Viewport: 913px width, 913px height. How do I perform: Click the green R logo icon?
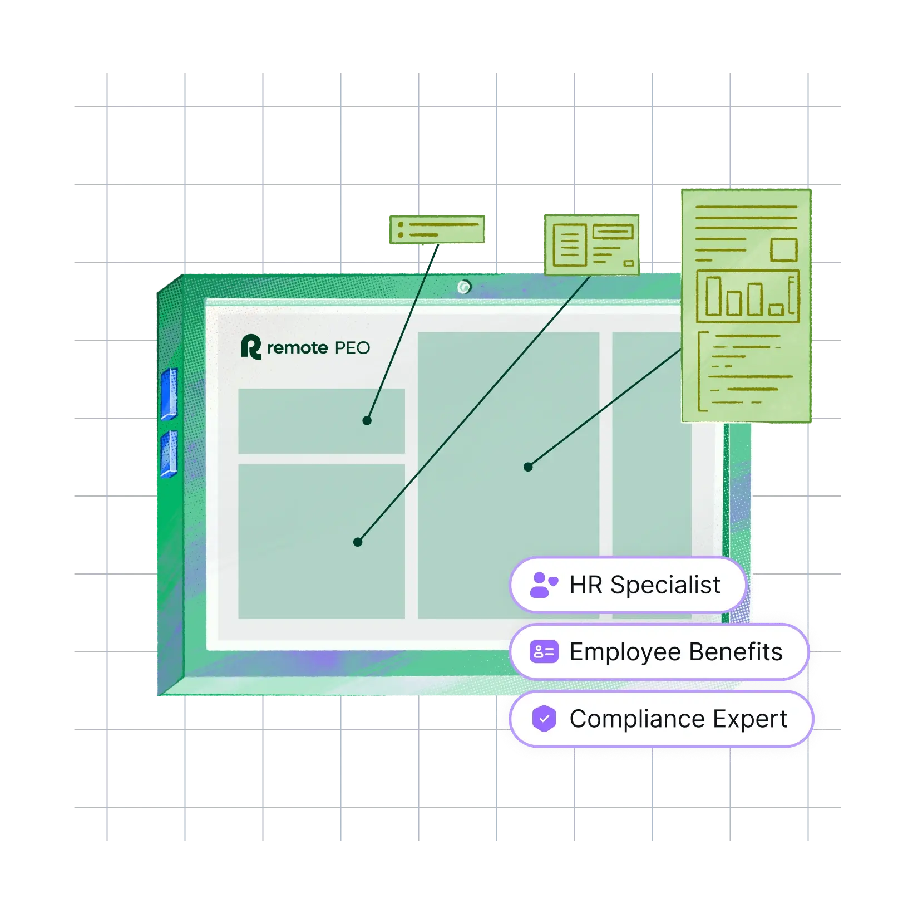click(250, 347)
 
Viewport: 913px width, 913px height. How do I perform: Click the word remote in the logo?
click(297, 348)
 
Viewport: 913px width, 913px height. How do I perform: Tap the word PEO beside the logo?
click(352, 348)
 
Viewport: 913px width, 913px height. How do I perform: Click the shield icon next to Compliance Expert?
click(544, 718)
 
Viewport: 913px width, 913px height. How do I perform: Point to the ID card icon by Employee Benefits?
click(544, 651)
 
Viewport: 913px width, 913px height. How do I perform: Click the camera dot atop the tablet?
click(464, 287)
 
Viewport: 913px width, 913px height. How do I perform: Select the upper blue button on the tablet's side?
click(169, 393)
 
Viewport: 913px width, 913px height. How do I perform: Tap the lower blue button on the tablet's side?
click(169, 454)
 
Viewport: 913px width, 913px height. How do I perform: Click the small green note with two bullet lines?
click(437, 229)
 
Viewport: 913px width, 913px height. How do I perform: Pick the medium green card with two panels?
click(592, 244)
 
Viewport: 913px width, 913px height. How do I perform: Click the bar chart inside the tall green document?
click(748, 296)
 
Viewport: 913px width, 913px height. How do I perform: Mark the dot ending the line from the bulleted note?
click(367, 420)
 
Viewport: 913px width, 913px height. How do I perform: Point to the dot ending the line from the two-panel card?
click(358, 542)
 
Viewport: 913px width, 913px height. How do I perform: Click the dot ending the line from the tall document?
click(528, 467)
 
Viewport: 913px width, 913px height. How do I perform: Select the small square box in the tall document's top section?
click(784, 249)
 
